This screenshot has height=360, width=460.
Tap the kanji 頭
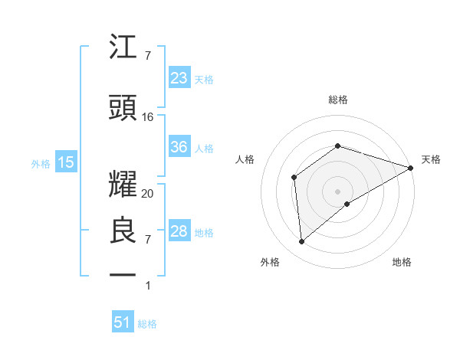pos(123,109)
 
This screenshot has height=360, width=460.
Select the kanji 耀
pos(123,178)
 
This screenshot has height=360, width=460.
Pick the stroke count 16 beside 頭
pos(148,117)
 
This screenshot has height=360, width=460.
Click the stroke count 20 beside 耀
pos(148,194)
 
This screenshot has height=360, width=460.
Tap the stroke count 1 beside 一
pos(148,286)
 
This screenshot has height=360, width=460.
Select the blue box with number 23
pos(179,77)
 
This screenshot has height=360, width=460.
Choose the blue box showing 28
pos(179,231)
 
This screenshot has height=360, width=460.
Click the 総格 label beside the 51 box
pos(147,324)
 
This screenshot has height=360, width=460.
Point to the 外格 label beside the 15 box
pos(41,163)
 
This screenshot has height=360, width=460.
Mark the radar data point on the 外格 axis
pos(302,242)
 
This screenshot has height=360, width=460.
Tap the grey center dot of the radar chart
pos(337,190)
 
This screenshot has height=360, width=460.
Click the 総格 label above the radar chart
pos(337,100)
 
